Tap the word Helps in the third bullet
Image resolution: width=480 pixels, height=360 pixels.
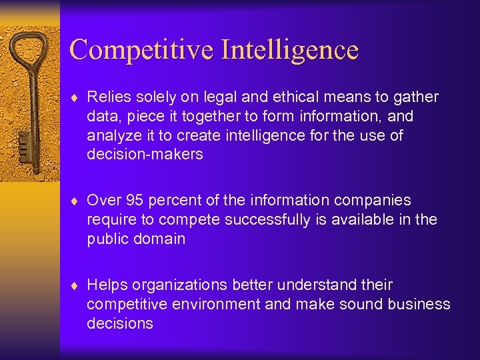click(107, 285)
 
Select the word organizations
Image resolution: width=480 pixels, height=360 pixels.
click(180, 285)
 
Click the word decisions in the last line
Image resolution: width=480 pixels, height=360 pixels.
click(120, 324)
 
